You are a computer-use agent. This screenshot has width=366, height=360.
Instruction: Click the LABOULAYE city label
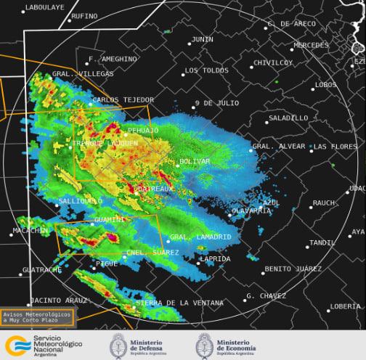[44, 7]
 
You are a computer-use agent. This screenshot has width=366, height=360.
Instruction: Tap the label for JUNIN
[203, 39]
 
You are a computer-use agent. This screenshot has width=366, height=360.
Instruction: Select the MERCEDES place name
[311, 45]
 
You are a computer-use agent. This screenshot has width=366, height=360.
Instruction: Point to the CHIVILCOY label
[272, 62]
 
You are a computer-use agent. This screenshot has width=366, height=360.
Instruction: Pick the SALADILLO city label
[288, 118]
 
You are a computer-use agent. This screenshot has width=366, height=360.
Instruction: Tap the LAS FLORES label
[334, 147]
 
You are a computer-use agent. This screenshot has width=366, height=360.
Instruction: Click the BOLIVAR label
[195, 161]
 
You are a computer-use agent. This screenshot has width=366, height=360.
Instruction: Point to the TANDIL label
[322, 242]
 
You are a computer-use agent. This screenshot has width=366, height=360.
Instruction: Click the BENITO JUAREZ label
[293, 269]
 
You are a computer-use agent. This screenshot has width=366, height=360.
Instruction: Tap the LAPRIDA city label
[215, 258]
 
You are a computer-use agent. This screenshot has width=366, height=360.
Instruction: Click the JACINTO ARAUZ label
[59, 300]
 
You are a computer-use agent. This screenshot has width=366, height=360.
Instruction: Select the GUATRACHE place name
[42, 269]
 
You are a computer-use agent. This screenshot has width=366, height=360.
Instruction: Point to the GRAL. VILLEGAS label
[83, 74]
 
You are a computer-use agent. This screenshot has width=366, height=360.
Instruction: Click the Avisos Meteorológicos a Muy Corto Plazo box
[37, 317]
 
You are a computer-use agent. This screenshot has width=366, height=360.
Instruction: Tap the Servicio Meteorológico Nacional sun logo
[15, 345]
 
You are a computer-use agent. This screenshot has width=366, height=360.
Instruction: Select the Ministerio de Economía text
[236, 345]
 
